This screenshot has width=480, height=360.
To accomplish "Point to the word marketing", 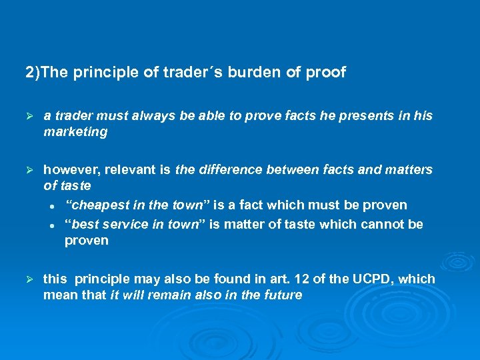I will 75,132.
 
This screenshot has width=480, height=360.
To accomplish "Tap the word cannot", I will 383,224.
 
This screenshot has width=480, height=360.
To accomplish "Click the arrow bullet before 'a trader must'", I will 29,116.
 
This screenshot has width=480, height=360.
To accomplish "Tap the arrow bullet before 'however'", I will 29,170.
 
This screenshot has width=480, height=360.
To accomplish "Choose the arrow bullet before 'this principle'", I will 29,279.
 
